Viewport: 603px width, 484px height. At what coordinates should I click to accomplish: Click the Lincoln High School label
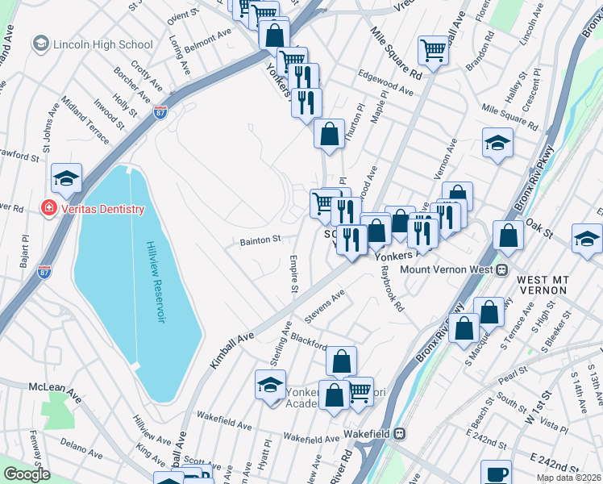click(102, 45)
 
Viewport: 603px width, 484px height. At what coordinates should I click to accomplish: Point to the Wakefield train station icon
click(397, 434)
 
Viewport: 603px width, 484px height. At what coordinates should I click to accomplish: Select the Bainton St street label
click(259, 240)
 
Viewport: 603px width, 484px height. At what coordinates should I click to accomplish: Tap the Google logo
click(27, 474)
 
